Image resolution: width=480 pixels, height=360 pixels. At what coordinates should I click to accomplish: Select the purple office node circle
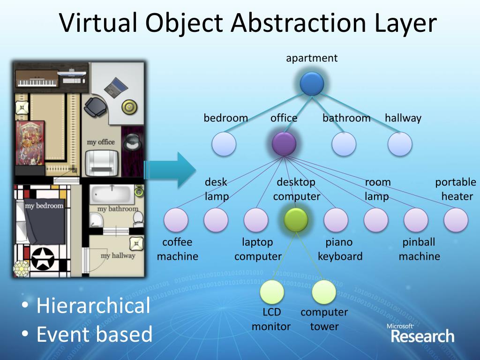(x=284, y=144)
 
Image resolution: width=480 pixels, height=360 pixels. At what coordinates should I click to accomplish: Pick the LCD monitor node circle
(x=272, y=292)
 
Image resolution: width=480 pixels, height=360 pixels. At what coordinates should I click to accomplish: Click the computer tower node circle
(x=324, y=292)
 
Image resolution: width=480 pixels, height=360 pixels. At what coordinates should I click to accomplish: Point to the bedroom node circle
(x=224, y=144)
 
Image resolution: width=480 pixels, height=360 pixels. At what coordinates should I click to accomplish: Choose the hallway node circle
(x=400, y=144)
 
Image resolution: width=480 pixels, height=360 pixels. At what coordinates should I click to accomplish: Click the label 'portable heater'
(x=456, y=189)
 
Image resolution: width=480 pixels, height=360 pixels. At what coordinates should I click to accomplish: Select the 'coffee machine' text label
(x=177, y=249)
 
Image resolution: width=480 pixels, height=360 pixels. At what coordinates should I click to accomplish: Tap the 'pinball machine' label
(x=419, y=249)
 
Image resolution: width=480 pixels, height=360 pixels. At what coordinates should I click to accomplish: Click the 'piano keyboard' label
(x=340, y=249)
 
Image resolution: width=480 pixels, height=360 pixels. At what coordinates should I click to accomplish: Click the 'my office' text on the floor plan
(x=101, y=142)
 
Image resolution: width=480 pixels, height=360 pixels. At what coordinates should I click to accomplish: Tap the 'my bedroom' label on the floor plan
(x=44, y=206)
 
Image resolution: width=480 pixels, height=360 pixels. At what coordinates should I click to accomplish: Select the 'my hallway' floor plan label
(x=118, y=255)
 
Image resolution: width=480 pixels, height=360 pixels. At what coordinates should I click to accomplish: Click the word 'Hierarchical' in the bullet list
(x=93, y=306)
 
